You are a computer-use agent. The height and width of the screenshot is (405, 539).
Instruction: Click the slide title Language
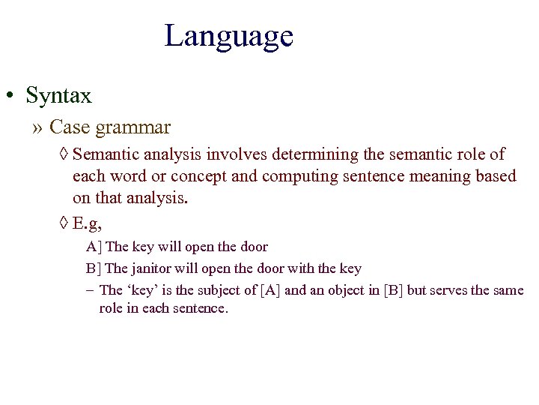228,36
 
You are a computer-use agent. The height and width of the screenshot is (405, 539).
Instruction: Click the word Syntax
58,96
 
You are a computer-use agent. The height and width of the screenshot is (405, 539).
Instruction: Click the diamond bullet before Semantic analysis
64,155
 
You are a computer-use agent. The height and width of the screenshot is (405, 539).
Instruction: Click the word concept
198,176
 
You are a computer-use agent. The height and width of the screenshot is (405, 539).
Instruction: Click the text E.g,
87,223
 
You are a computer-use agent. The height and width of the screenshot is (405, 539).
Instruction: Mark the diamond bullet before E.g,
64,223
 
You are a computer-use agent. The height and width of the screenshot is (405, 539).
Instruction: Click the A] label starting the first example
95,247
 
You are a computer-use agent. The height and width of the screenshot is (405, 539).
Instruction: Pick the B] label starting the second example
95,268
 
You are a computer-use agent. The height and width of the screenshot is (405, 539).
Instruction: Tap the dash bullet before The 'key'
90,290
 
